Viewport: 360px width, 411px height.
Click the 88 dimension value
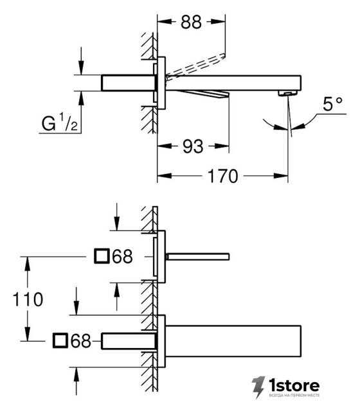click(x=191, y=22)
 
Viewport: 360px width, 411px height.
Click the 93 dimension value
click(x=193, y=146)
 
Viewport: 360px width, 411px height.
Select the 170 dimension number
click(x=223, y=176)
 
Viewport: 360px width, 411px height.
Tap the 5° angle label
click(x=332, y=104)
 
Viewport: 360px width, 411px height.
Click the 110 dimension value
click(x=28, y=299)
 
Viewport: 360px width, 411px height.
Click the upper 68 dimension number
click(x=122, y=256)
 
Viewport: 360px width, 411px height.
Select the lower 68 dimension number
click(x=81, y=341)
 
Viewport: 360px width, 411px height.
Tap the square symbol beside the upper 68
click(x=102, y=256)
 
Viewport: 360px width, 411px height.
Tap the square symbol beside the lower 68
click(x=60, y=341)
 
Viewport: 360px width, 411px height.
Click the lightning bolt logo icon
click(x=258, y=387)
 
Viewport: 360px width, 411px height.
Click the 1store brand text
click(x=294, y=385)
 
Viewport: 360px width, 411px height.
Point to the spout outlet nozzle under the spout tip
click(x=287, y=93)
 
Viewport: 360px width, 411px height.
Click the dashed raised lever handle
click(x=195, y=66)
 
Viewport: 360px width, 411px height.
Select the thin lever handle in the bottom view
click(x=197, y=257)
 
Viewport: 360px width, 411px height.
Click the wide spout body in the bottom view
click(x=233, y=341)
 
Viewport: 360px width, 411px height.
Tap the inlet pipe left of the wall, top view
click(x=128, y=83)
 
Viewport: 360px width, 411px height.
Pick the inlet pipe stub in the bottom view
click(x=129, y=341)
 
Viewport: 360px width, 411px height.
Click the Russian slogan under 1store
click(x=294, y=395)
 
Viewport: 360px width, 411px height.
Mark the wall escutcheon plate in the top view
click(x=161, y=83)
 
